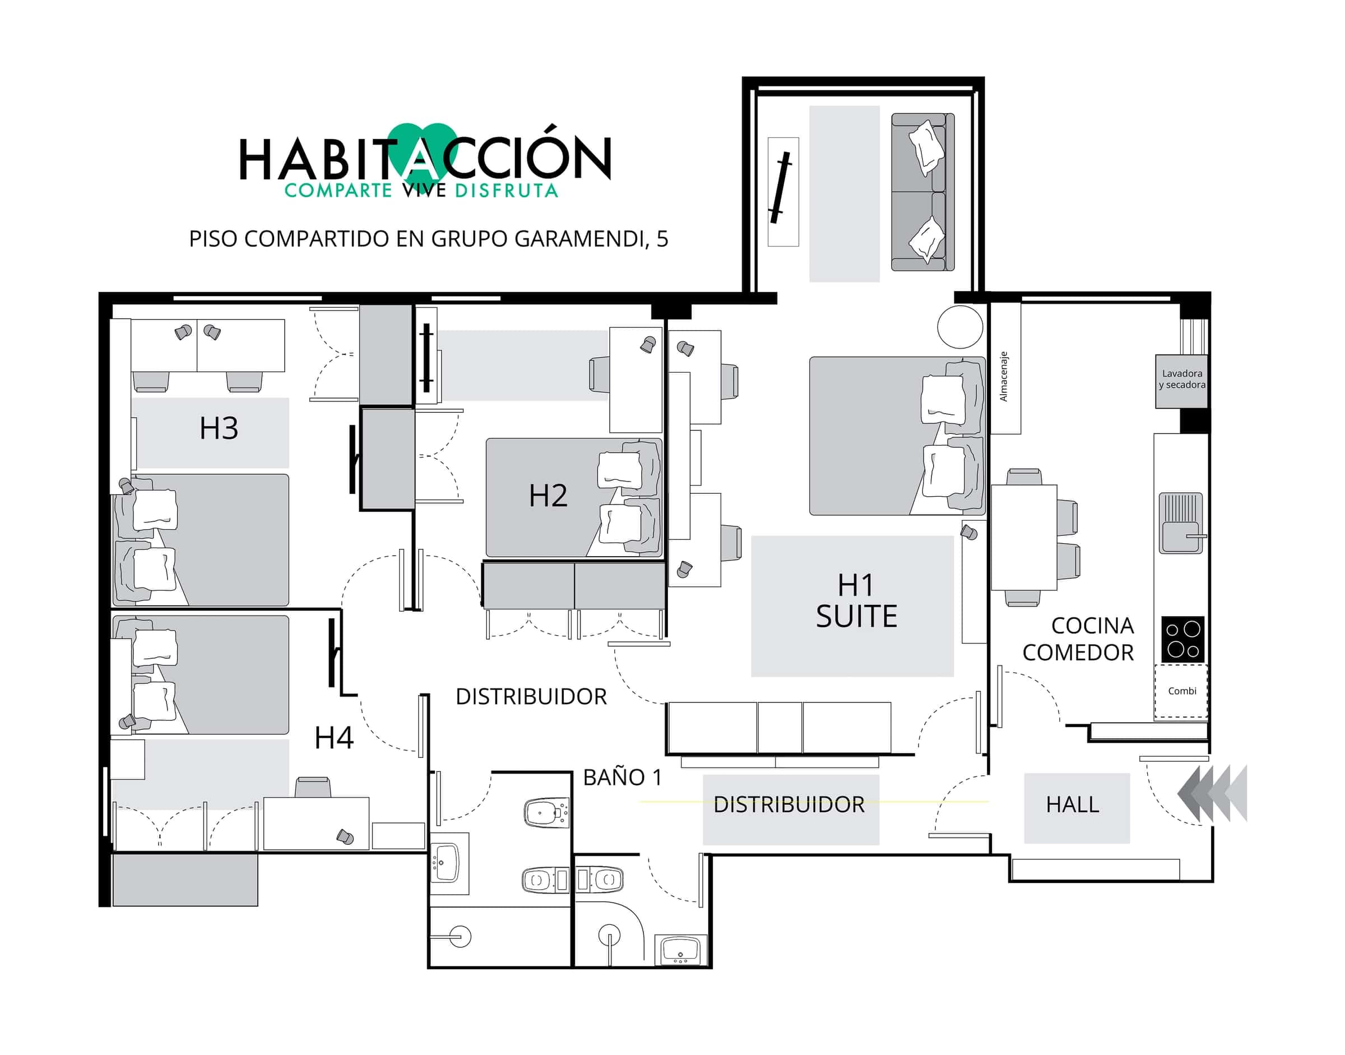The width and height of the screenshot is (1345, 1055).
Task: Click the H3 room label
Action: click(219, 428)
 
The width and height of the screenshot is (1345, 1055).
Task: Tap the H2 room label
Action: click(548, 496)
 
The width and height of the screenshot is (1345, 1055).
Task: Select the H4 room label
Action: click(334, 738)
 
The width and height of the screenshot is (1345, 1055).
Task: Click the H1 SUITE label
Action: click(856, 601)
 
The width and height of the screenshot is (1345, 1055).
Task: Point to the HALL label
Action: click(1073, 804)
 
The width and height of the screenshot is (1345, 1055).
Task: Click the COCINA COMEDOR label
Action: click(1078, 638)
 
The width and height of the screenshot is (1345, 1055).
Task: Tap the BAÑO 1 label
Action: click(623, 777)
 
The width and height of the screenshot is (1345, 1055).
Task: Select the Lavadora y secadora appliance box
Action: click(1181, 381)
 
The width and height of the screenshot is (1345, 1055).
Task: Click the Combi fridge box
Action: click(1181, 691)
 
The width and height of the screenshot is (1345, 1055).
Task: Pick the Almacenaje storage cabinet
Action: click(1005, 368)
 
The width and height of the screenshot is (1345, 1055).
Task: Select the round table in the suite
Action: click(959, 327)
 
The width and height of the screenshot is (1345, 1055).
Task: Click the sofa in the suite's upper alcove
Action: click(922, 192)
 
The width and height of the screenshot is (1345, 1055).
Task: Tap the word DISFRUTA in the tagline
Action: click(507, 189)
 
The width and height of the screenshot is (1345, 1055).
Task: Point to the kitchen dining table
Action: click(1024, 538)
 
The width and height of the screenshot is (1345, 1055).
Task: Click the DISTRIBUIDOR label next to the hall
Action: click(789, 805)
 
